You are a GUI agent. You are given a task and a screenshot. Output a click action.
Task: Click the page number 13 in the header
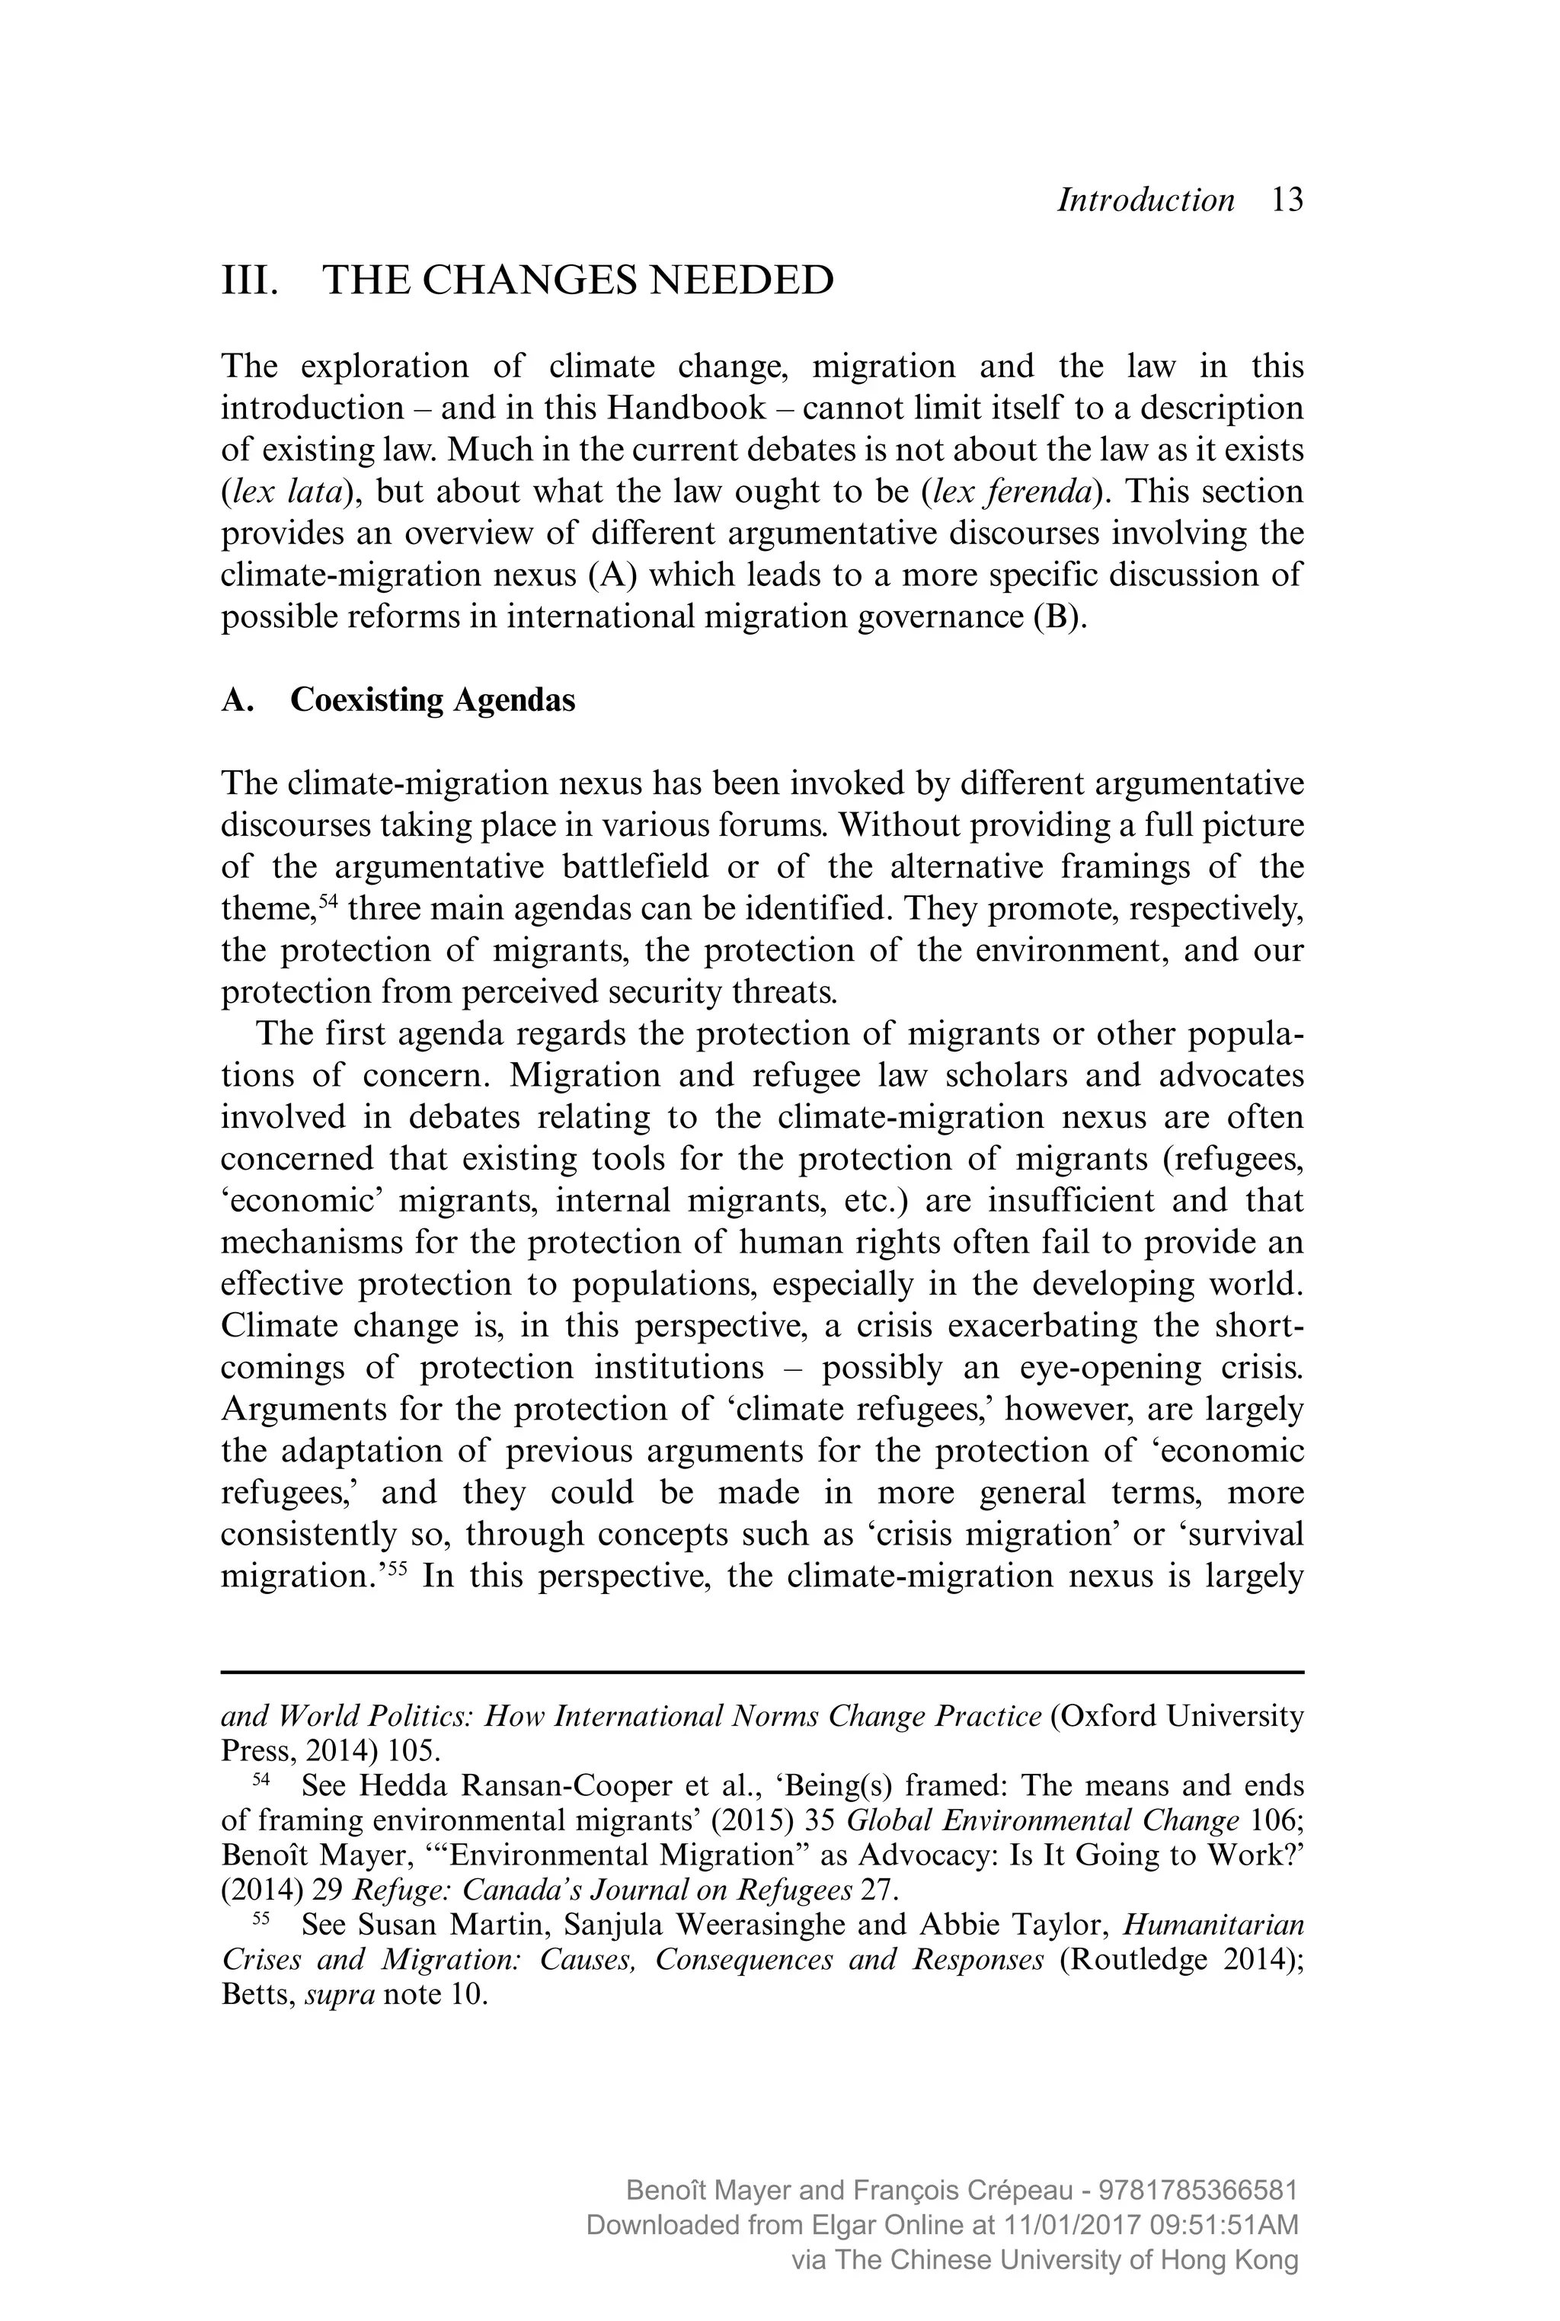(1287, 200)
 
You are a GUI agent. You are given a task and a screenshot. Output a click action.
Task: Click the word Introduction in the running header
(1145, 200)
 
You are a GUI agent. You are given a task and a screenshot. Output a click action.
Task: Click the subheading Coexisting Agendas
(432, 701)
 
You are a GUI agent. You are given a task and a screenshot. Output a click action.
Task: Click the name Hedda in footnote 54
(396, 1785)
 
